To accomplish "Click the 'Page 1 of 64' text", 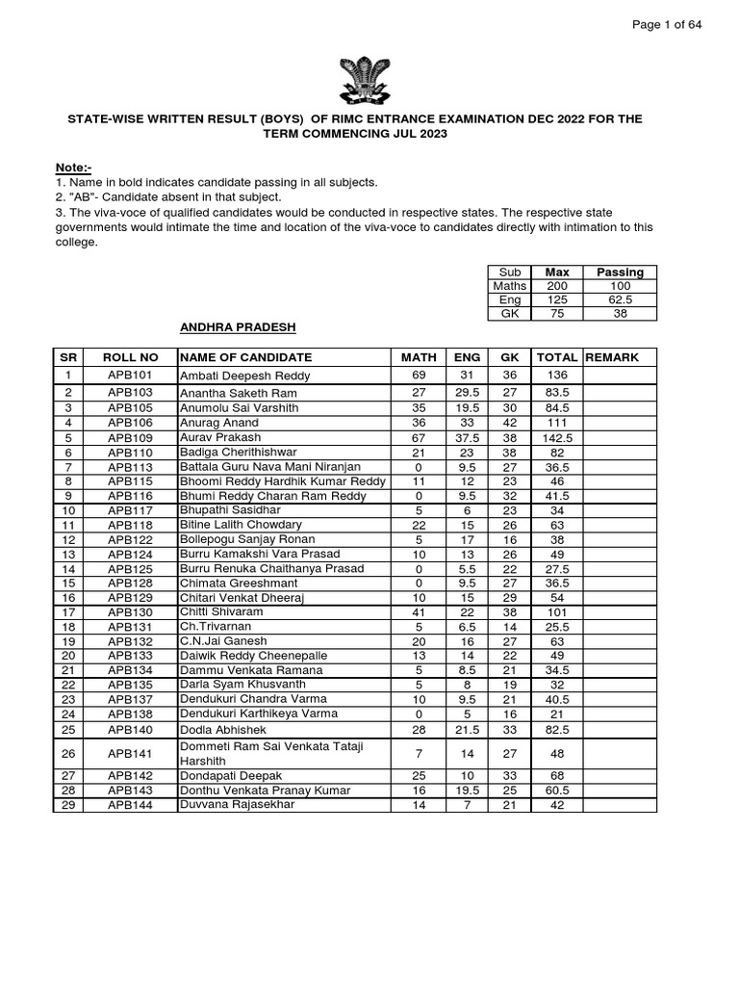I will tap(667, 24).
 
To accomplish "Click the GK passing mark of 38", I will tap(621, 313).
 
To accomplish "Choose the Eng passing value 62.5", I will tap(621, 299).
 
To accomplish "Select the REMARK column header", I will tap(612, 357).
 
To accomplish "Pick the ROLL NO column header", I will tap(128, 357).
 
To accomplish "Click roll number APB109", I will tap(128, 437).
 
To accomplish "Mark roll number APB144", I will tap(128, 804).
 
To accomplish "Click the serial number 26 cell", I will tap(68, 753).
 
